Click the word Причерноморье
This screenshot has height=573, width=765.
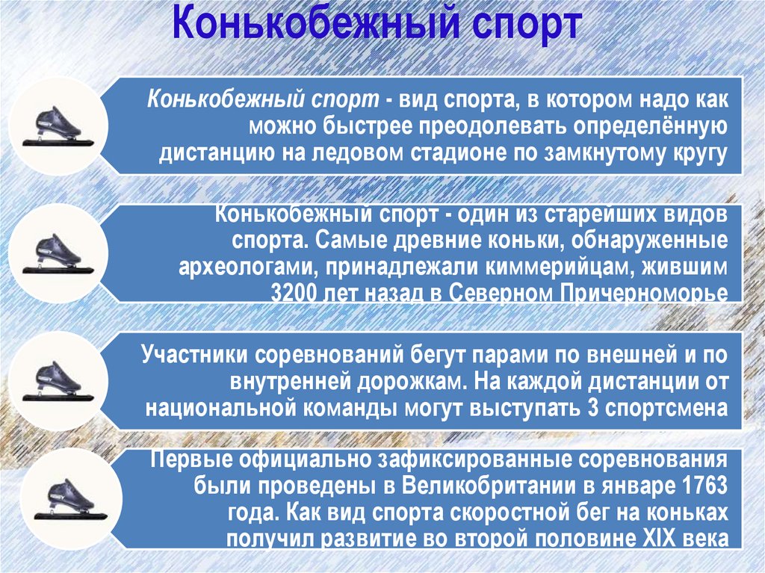tap(642, 292)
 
